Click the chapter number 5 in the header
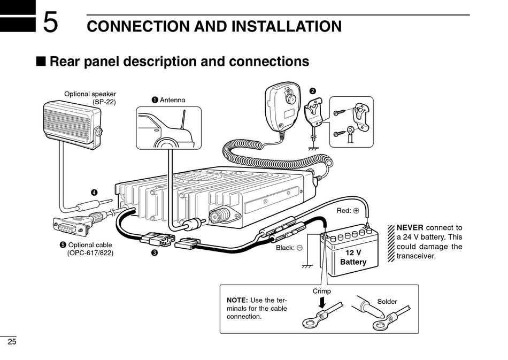pos(51,22)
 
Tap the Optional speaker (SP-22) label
pos(90,98)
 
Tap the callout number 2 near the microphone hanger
pos(313,91)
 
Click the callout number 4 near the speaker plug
pos(94,193)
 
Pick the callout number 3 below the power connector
pos(155,252)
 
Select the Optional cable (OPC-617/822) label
pos(87,249)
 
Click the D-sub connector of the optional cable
pos(70,226)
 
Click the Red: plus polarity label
pos(348,211)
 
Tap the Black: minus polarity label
pos(289,248)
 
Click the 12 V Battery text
pos(353,257)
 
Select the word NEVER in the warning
pos(410,227)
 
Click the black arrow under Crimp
pos(322,303)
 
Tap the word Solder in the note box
pos(387,302)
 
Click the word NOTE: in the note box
pos(237,301)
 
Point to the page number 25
pos(12,342)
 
